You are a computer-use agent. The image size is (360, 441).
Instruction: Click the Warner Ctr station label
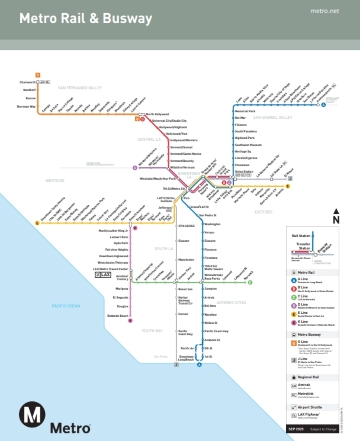[15, 106]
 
